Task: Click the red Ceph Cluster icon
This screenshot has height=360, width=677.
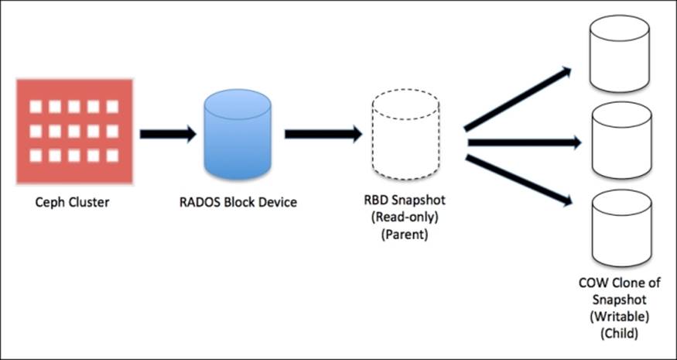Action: tap(75, 131)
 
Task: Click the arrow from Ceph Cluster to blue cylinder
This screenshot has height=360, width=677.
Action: tap(167, 134)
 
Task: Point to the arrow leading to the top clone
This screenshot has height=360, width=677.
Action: tap(517, 99)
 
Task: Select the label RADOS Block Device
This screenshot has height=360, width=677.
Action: tap(237, 204)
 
